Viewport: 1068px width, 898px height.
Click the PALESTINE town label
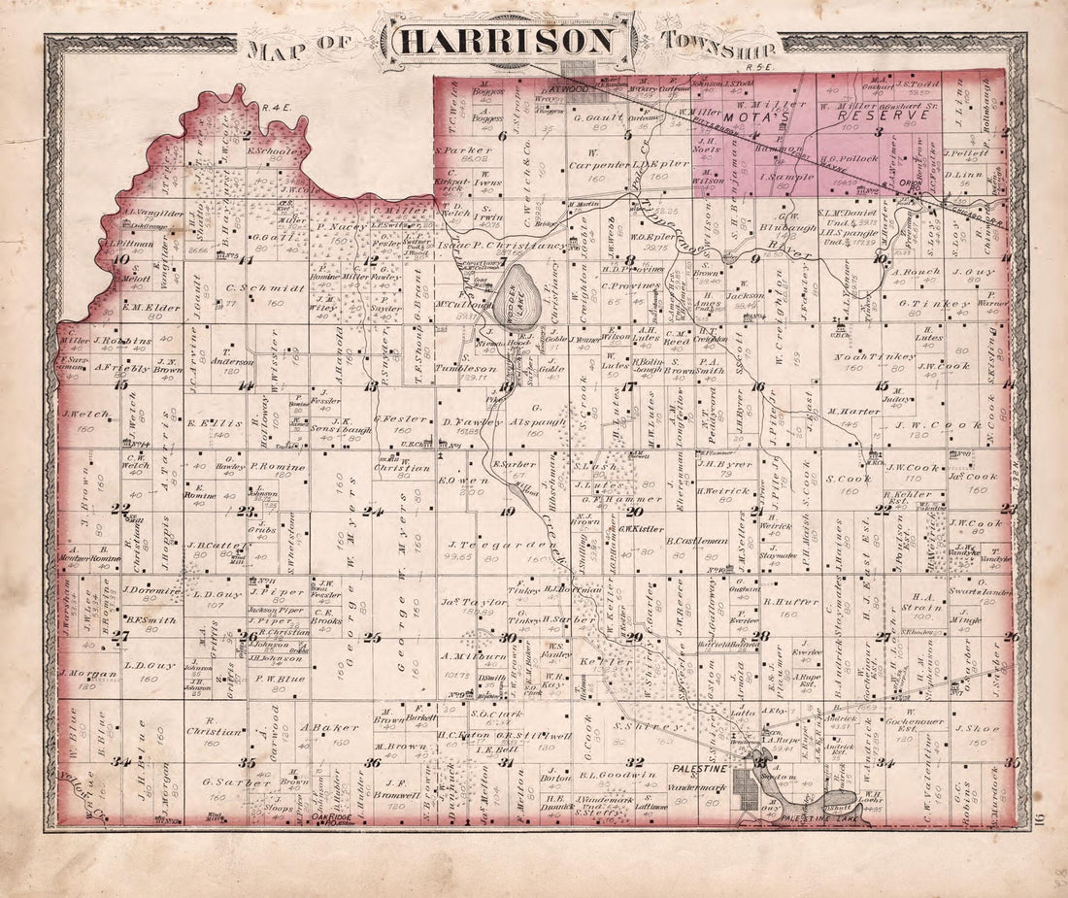point(697,768)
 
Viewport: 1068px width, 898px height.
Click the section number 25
point(373,638)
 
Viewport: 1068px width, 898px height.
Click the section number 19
point(506,512)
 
